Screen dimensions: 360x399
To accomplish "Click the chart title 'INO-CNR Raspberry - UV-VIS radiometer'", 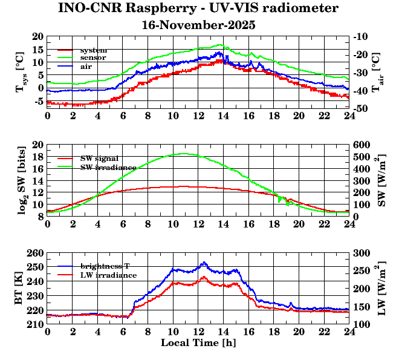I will [x=198, y=9].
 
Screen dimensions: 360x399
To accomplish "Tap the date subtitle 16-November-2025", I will [x=198, y=25].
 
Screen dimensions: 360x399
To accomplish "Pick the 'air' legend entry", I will [x=86, y=66].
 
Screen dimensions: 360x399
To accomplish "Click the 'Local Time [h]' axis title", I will [x=198, y=343].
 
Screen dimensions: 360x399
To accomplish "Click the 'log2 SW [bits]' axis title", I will [x=21, y=179].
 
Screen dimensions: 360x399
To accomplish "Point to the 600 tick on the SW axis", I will [x=361, y=145].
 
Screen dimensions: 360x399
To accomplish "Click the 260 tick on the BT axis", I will [x=36, y=253].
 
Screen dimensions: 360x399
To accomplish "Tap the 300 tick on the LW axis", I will [x=361, y=253].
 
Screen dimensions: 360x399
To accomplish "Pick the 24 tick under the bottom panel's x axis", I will [x=349, y=332].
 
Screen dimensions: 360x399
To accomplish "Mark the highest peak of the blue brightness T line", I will [x=204, y=262].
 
